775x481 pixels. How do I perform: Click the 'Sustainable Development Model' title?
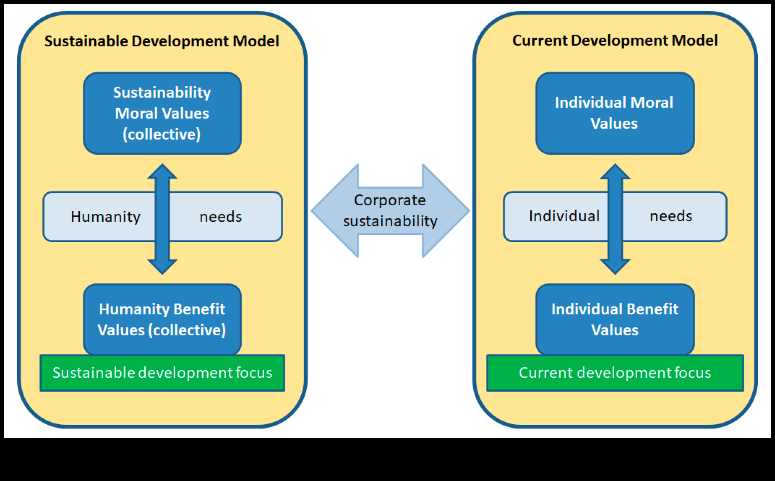[x=162, y=41]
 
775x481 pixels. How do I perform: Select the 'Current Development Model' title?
[x=615, y=40]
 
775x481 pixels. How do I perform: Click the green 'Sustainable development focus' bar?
[x=162, y=373]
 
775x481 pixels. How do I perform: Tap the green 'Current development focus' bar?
[x=615, y=373]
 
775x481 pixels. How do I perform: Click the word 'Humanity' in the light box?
[x=105, y=217]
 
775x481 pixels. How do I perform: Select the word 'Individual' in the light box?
[x=564, y=216]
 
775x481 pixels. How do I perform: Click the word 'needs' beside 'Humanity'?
[x=220, y=217]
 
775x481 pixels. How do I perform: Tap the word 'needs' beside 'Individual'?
[x=671, y=216]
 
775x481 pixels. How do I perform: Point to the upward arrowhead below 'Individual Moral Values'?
[x=615, y=172]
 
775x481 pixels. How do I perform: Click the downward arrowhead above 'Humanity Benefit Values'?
[x=162, y=266]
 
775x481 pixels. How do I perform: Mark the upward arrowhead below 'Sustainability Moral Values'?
[x=162, y=172]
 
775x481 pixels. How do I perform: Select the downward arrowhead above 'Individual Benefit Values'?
[x=615, y=266]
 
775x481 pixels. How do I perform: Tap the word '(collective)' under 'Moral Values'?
[x=162, y=134]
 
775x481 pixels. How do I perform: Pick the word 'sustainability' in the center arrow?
[x=390, y=221]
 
